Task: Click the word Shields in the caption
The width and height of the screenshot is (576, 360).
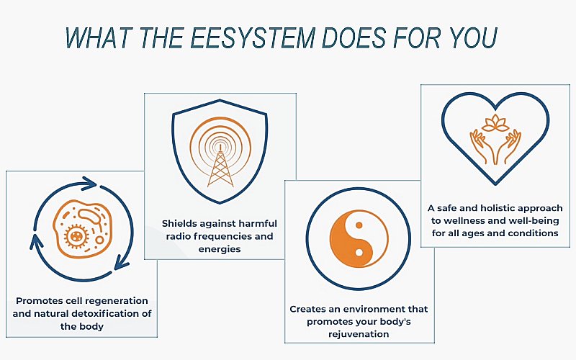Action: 180,223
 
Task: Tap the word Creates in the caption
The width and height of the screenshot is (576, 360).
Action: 309,309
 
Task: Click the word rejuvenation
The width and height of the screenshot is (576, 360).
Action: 359,334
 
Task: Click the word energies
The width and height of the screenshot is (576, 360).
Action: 220,248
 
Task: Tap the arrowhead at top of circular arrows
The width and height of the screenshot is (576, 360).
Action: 90,182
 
